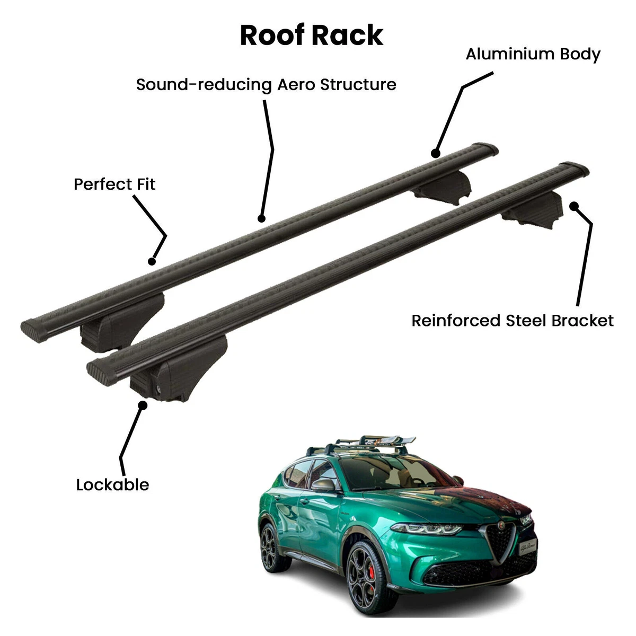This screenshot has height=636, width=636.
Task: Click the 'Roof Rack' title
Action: coord(312,36)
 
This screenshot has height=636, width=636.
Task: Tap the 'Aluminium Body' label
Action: coord(533,55)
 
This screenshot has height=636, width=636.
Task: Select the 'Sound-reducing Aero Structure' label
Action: coord(266,85)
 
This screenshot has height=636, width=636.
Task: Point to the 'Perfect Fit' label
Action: coord(114,184)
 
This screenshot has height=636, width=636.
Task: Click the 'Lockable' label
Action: coord(112,485)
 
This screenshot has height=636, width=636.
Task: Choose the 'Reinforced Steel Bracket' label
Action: coord(513,321)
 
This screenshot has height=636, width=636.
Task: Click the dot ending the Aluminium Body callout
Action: coord(436,153)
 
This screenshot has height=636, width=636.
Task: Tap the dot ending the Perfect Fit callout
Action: coord(152,261)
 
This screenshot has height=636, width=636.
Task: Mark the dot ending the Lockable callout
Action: coord(143,405)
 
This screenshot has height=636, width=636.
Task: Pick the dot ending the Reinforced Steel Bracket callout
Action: coord(574,206)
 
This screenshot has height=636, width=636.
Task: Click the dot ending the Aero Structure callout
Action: coord(261,218)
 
